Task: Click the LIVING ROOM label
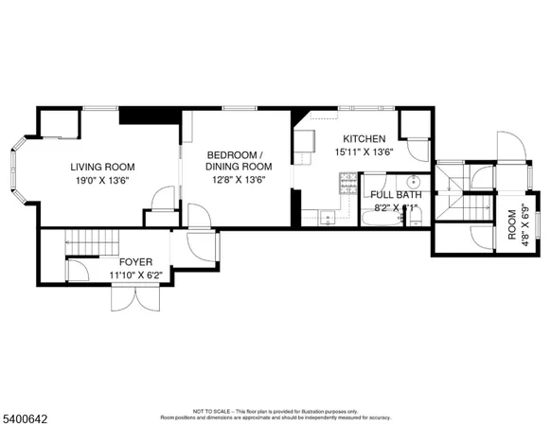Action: pos(99,167)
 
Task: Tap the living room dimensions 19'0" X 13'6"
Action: pos(99,179)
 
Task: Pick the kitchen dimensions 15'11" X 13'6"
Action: pos(364,151)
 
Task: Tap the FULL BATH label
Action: pos(395,195)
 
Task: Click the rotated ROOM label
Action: pos(512,224)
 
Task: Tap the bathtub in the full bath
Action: pos(379,219)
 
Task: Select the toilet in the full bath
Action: pos(414,217)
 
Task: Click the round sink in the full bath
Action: pos(414,181)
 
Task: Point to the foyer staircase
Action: pos(91,242)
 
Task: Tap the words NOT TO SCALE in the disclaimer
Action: pos(209,412)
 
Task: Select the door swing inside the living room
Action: pos(163,198)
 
